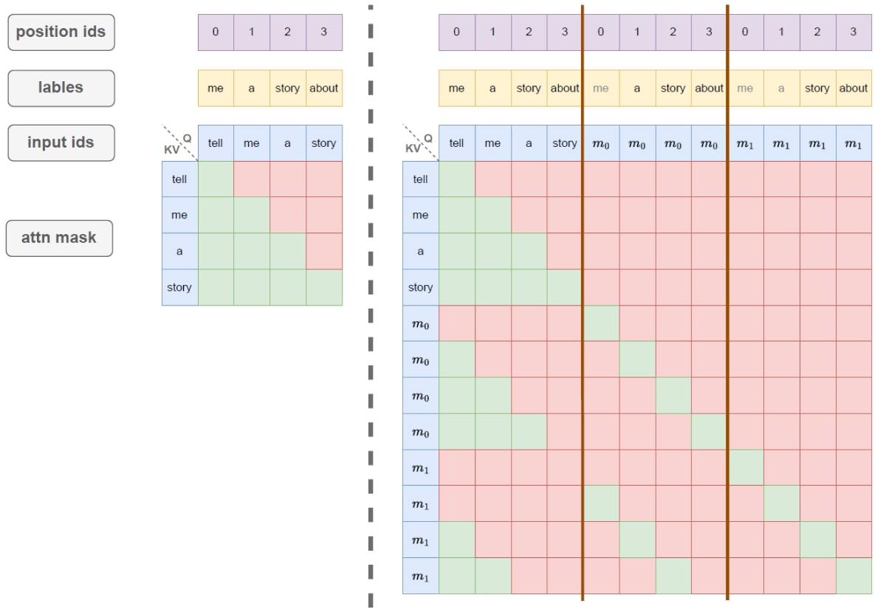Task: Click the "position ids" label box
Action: [61, 32]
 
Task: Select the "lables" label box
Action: [61, 88]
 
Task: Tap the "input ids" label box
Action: [61, 142]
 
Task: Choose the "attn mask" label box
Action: [59, 238]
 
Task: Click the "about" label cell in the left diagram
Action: [324, 88]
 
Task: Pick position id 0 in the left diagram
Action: [216, 32]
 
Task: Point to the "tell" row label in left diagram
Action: [179, 179]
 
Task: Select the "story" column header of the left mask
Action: [324, 143]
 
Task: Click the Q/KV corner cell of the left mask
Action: [179, 143]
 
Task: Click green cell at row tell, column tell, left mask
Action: [216, 179]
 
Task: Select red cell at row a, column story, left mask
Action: [324, 251]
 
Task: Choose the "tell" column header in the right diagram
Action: [457, 143]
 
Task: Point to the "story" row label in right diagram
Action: [421, 287]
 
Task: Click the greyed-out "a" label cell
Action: [781, 88]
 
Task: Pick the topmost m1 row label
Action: [421, 468]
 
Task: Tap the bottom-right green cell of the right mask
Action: [854, 577]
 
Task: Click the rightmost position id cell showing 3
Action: [854, 32]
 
